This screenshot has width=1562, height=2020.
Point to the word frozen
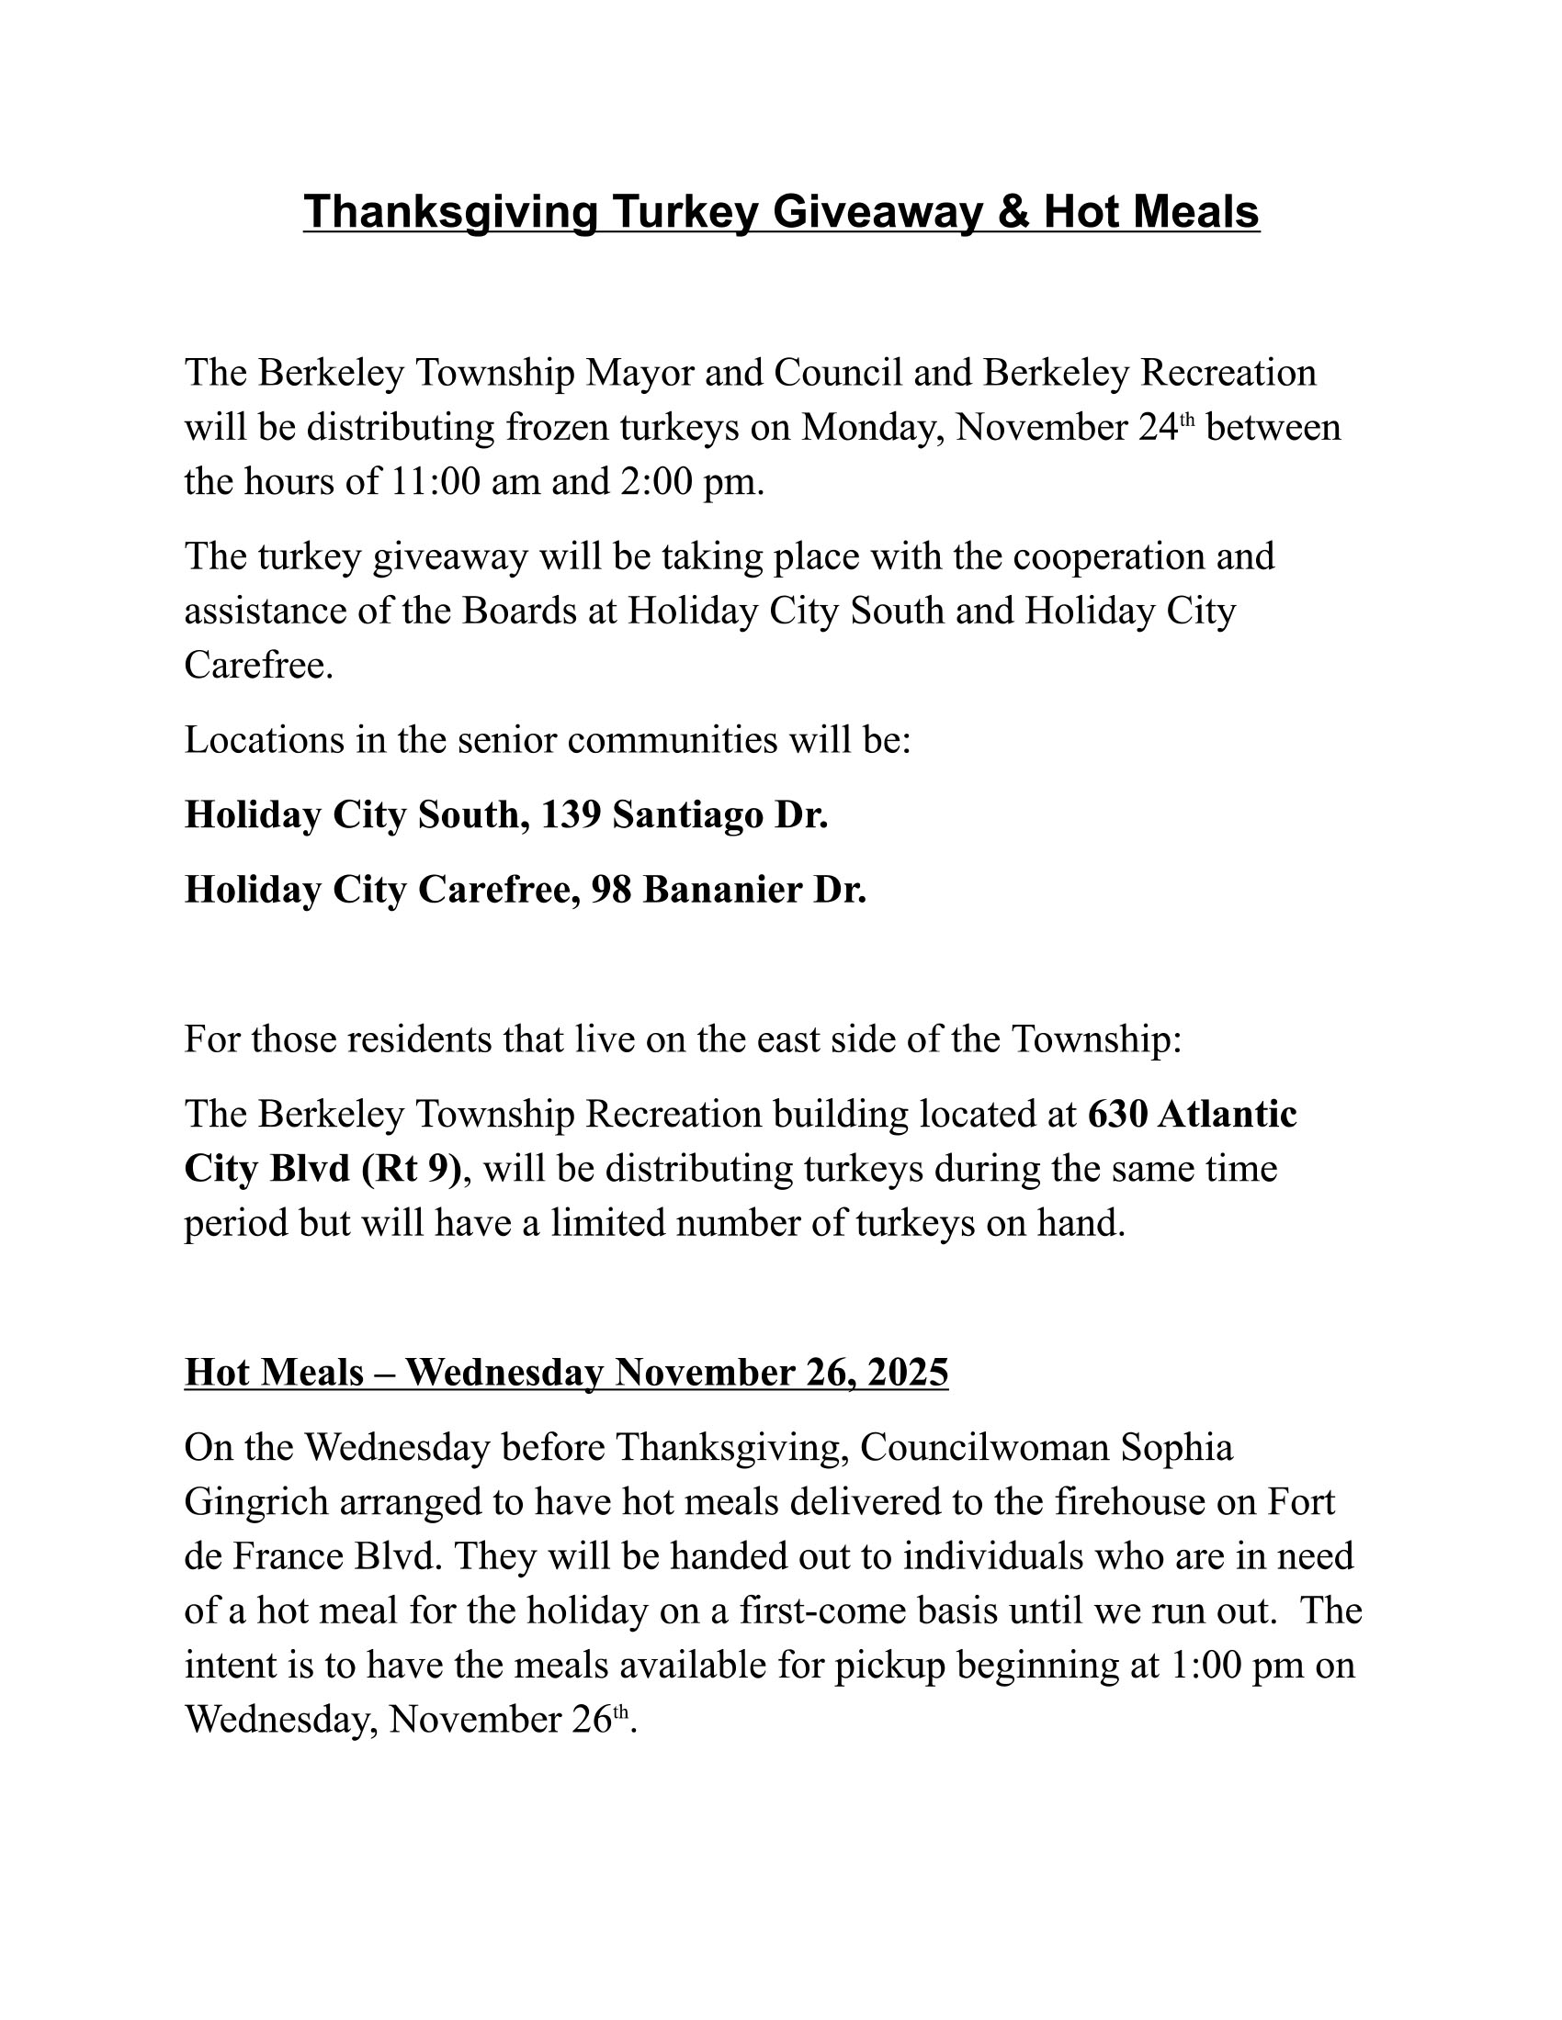click(557, 427)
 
